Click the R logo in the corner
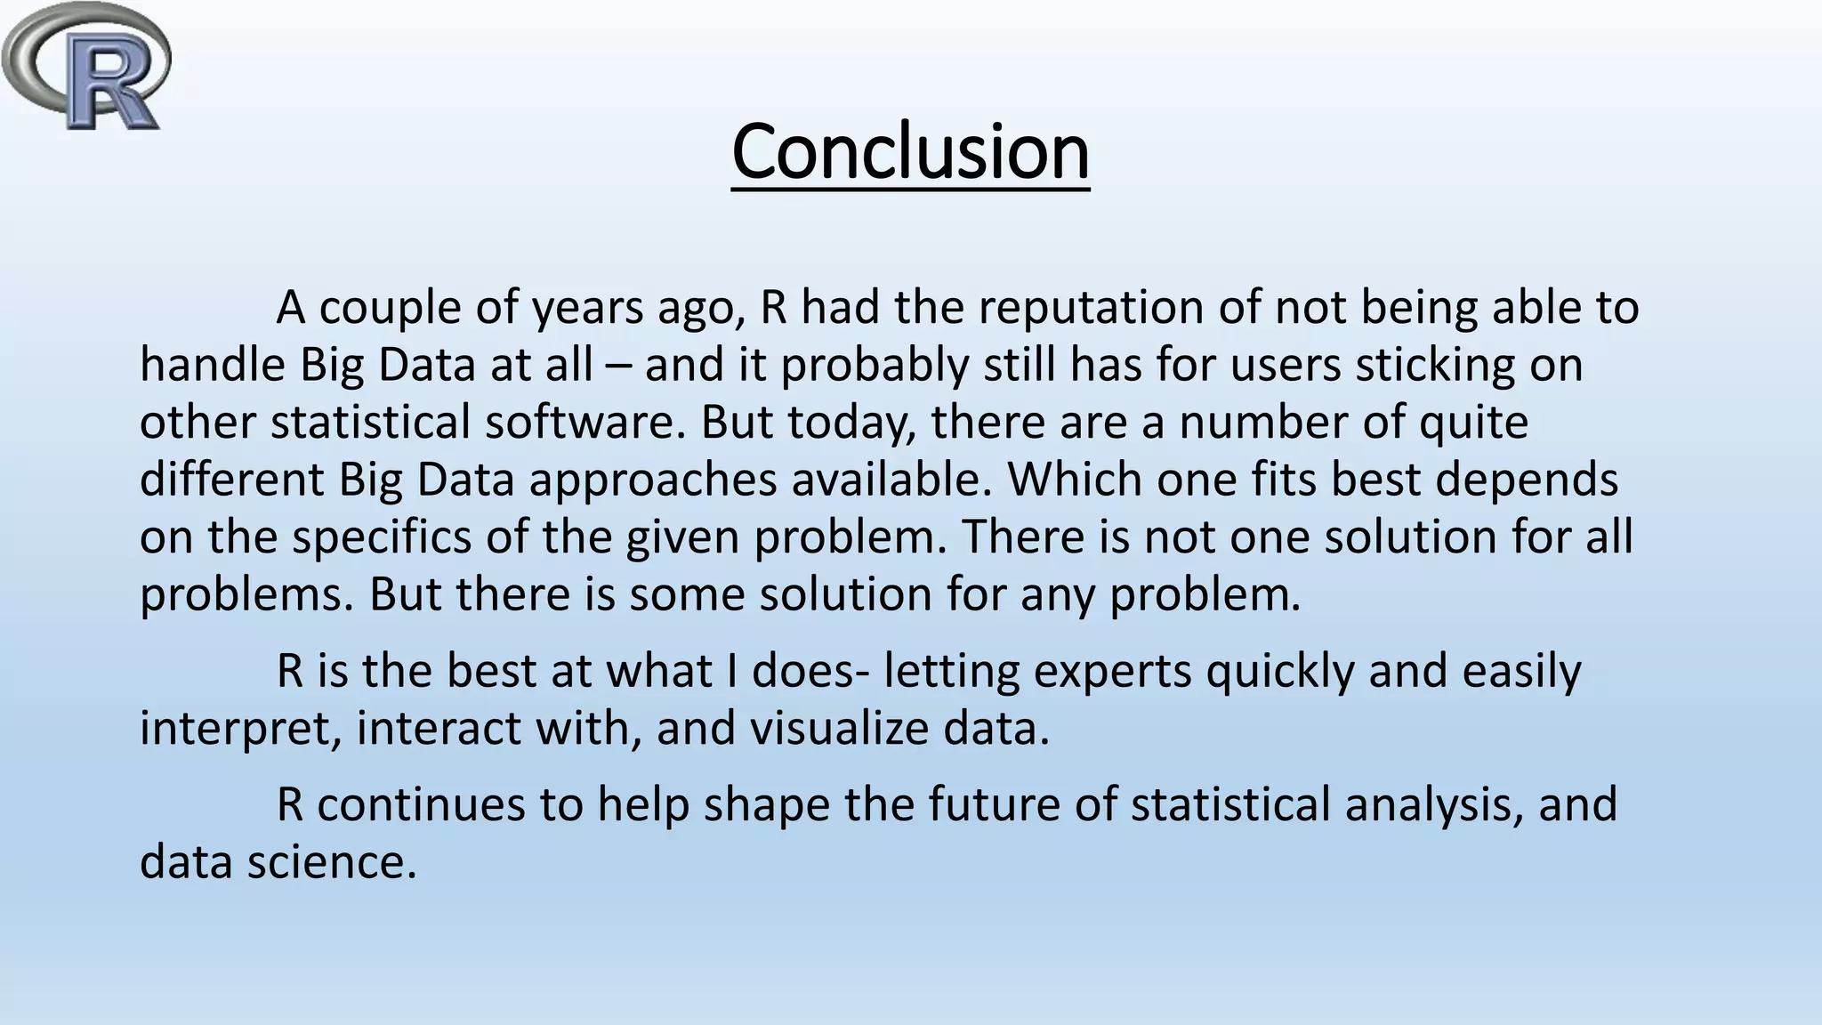[x=86, y=68]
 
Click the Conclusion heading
[x=910, y=151]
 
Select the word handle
[x=212, y=365]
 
